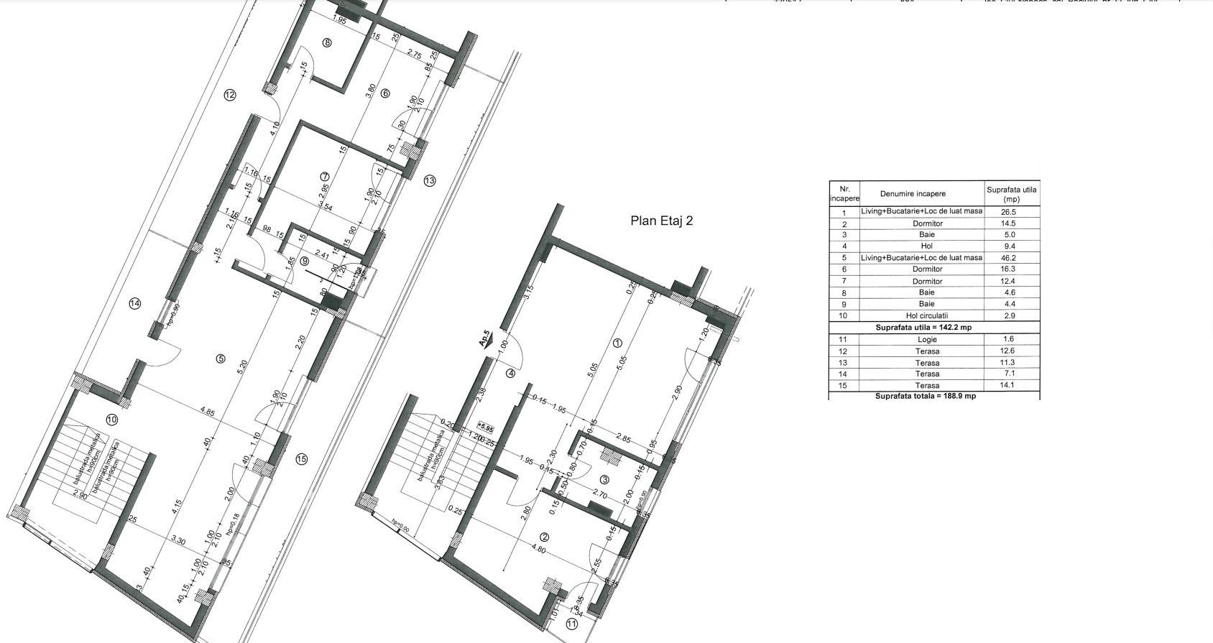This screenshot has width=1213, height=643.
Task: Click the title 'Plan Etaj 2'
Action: pos(661,221)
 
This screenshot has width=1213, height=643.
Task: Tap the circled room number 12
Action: pos(230,95)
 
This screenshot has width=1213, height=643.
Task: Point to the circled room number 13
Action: pos(430,180)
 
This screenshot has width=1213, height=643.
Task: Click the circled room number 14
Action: pos(135,304)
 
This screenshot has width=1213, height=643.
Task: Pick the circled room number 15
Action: pos(302,459)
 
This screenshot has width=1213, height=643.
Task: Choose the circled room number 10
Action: pos(111,420)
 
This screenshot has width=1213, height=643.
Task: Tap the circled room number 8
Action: pos(328,42)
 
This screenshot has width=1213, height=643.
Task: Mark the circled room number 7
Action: pos(324,177)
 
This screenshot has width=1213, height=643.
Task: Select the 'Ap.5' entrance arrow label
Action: pos(485,339)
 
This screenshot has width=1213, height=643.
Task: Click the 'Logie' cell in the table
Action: pos(927,339)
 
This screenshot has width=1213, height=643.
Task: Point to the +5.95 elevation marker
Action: pos(487,428)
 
